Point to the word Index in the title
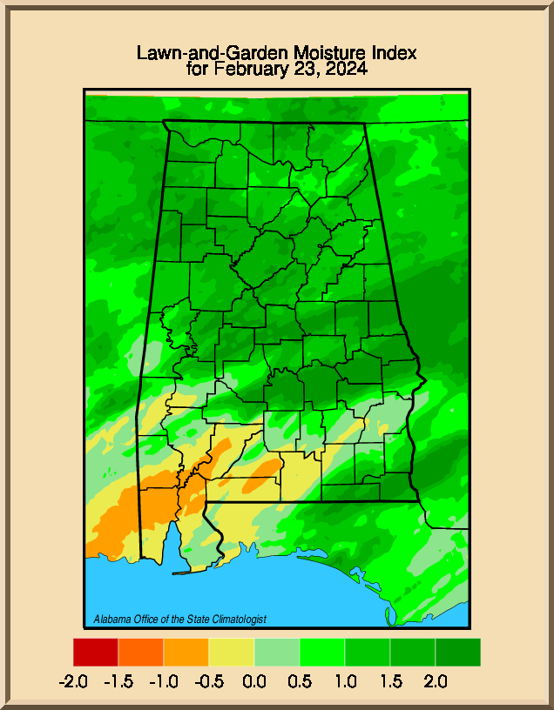point(394,53)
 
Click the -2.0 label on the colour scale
point(74,681)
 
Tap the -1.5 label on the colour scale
point(118,681)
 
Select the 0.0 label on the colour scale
point(255,681)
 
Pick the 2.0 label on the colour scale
point(436,681)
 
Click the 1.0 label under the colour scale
point(345,681)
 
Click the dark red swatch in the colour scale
point(96,652)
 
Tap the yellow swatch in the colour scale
point(232,652)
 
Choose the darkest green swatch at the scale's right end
point(458,652)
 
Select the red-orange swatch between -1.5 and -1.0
point(141,652)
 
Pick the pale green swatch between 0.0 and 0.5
point(277,652)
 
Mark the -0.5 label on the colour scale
point(210,681)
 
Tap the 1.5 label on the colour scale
point(390,681)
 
